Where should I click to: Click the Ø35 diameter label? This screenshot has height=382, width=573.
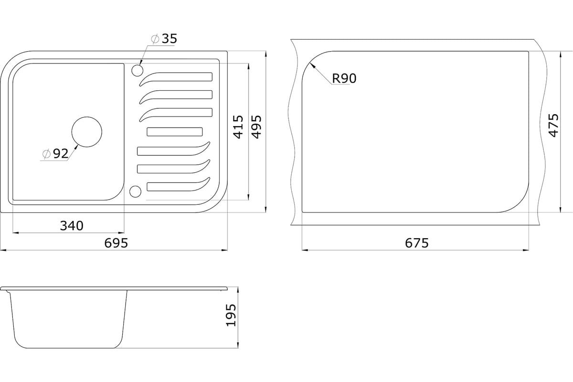pyautogui.click(x=164, y=39)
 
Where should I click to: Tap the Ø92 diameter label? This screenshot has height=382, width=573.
pyautogui.click(x=55, y=154)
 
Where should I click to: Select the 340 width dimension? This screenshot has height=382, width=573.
pyautogui.click(x=72, y=226)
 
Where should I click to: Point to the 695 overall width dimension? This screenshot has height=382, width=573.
pyautogui.click(x=116, y=243)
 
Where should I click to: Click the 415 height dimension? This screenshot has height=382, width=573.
pyautogui.click(x=238, y=127)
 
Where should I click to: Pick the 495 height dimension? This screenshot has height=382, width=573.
pyautogui.click(x=256, y=127)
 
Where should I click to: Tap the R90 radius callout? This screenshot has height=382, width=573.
pyautogui.click(x=344, y=78)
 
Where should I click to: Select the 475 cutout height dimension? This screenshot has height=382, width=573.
pyautogui.click(x=553, y=126)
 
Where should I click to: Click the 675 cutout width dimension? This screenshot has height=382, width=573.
pyautogui.click(x=416, y=243)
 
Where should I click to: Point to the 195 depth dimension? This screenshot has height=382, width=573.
pyautogui.click(x=231, y=315)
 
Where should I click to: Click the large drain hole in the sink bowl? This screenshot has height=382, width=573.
pyautogui.click(x=87, y=132)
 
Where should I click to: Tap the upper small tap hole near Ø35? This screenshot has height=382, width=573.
pyautogui.click(x=138, y=70)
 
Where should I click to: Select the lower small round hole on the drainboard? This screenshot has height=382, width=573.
pyautogui.click(x=135, y=191)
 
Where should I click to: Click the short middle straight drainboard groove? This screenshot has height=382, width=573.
pyautogui.click(x=175, y=132)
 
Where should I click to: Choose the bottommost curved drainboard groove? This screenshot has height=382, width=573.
pyautogui.click(x=178, y=185)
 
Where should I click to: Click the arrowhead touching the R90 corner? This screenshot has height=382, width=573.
pyautogui.click(x=312, y=66)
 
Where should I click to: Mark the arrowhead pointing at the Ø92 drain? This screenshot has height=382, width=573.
pyautogui.click(x=76, y=147)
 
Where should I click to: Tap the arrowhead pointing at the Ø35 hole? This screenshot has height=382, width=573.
pyautogui.click(x=140, y=63)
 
